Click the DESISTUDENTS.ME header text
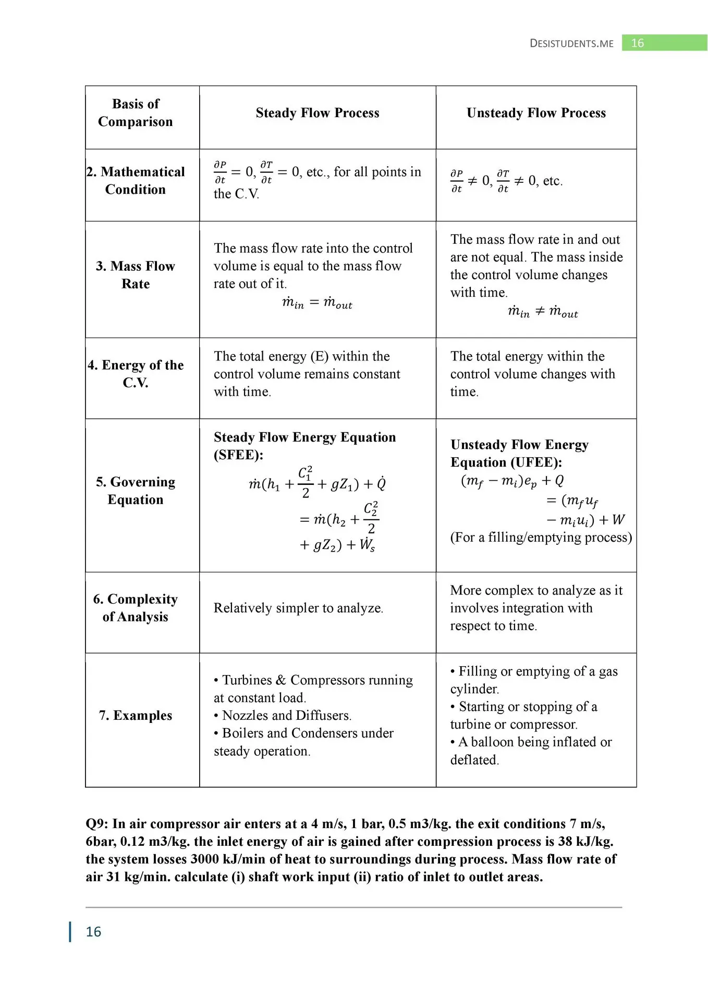(x=571, y=43)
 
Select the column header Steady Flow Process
(x=317, y=113)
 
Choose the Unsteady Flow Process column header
(x=536, y=113)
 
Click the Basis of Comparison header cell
(x=136, y=113)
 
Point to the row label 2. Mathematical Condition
(x=136, y=181)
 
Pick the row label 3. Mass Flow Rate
(x=136, y=275)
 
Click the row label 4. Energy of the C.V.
(x=136, y=374)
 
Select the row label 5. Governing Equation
(x=136, y=491)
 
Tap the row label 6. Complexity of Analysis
(x=136, y=608)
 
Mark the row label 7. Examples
(x=136, y=716)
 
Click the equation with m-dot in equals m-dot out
(x=317, y=303)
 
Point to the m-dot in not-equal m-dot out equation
(x=543, y=312)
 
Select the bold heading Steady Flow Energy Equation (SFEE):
(x=304, y=446)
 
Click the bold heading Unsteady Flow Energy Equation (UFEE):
(x=519, y=454)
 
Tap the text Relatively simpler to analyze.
(x=298, y=608)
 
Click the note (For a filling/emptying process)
(x=541, y=537)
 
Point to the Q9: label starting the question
(x=97, y=824)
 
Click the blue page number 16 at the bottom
(x=93, y=932)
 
